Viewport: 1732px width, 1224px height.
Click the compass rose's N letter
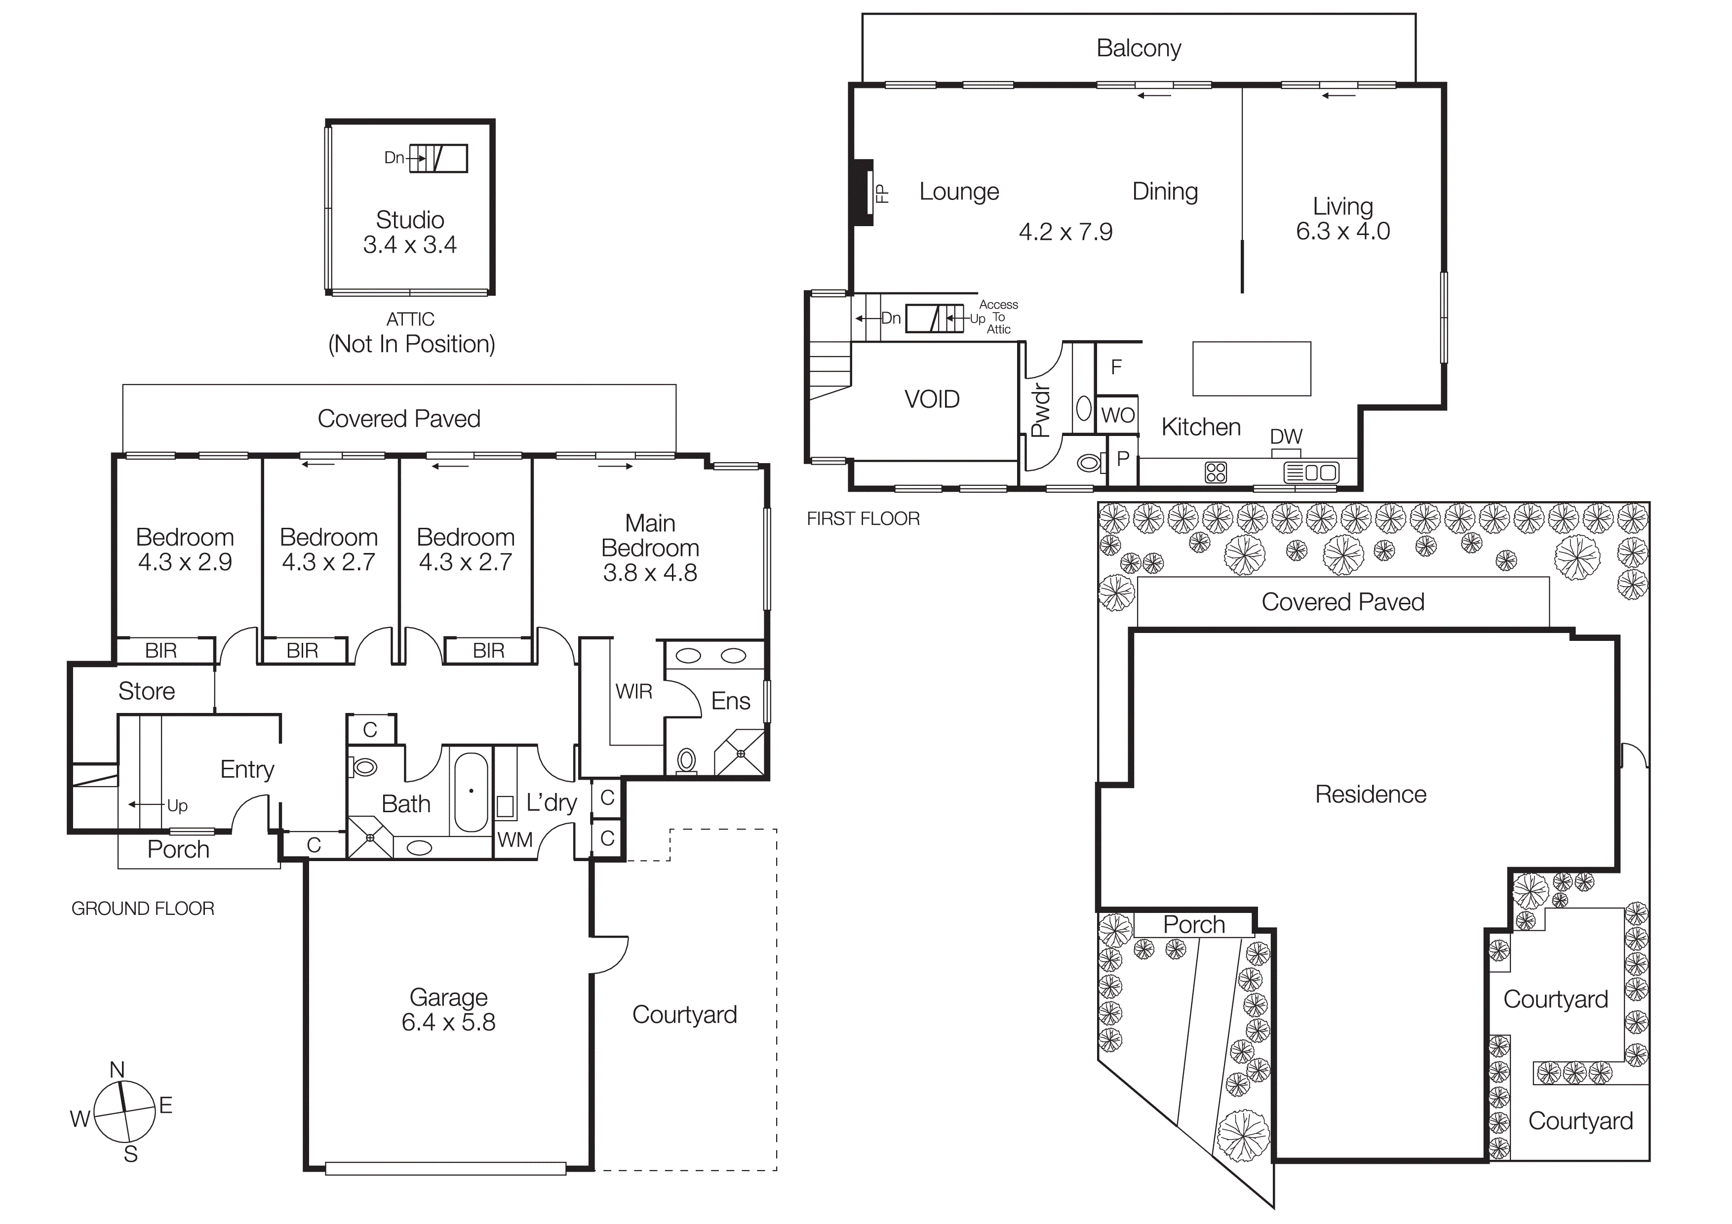pyautogui.click(x=117, y=1069)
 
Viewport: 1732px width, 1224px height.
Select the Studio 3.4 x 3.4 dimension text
pyautogui.click(x=410, y=244)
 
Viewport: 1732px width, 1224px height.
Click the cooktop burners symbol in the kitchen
pyautogui.click(x=1216, y=473)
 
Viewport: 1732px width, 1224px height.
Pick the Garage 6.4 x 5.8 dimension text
pyautogui.click(x=448, y=1022)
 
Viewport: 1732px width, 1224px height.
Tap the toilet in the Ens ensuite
pyautogui.click(x=686, y=760)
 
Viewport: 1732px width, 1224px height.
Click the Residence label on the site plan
pyautogui.click(x=1371, y=794)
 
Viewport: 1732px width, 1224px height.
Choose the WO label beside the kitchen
pyautogui.click(x=1117, y=415)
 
